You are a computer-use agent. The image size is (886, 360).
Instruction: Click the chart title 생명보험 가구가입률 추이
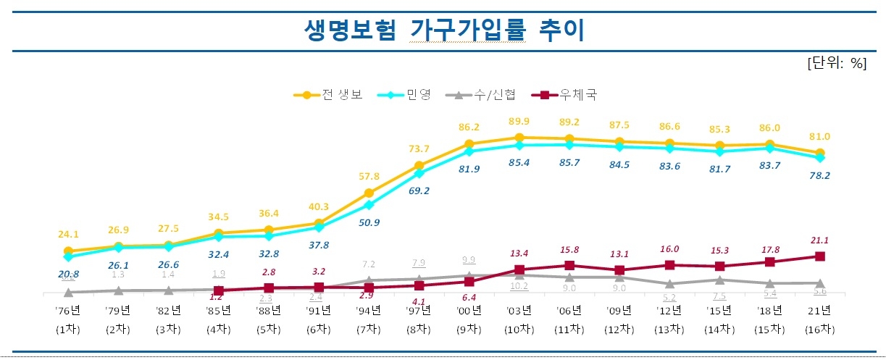click(x=443, y=31)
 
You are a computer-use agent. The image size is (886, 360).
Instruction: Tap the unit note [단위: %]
click(x=836, y=63)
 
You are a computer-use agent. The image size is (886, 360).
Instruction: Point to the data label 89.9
click(x=519, y=121)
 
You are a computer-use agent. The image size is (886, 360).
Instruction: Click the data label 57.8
click(x=369, y=177)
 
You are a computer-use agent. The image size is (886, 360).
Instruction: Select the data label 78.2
click(x=819, y=176)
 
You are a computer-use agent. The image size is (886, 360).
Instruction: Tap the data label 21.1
click(x=819, y=240)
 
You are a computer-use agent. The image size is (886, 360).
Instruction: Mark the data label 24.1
click(x=68, y=234)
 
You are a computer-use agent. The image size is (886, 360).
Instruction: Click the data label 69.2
click(x=419, y=192)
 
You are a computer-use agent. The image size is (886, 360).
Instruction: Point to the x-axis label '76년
click(x=68, y=311)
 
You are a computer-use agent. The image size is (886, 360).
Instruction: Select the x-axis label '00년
click(x=469, y=311)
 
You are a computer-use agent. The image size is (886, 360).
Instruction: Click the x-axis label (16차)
click(x=819, y=328)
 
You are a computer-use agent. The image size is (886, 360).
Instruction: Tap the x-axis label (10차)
click(x=519, y=328)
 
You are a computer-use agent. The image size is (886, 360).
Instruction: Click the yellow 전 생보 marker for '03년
click(x=519, y=137)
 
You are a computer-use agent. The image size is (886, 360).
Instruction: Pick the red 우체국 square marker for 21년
click(x=819, y=256)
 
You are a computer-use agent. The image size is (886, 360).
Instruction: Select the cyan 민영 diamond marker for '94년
click(x=369, y=205)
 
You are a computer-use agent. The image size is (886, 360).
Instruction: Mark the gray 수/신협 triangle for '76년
click(x=68, y=292)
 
